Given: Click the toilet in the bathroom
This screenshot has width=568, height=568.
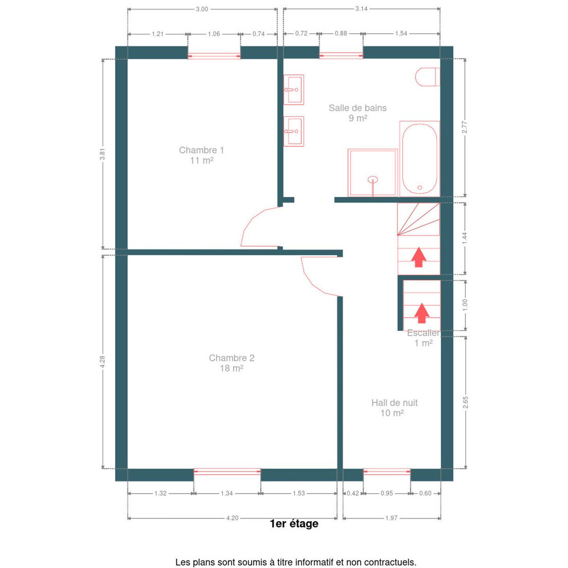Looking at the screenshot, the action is pyautogui.click(x=427, y=77).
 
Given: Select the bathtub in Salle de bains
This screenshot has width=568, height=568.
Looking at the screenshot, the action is pyautogui.click(x=419, y=159).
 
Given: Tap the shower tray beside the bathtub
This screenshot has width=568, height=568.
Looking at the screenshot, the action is pyautogui.click(x=373, y=173).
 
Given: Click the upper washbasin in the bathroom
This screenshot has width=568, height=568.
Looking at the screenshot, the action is pyautogui.click(x=293, y=89).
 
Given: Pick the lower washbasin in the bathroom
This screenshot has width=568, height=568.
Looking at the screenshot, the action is pyautogui.click(x=293, y=131).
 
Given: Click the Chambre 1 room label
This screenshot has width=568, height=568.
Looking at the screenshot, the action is pyautogui.click(x=202, y=155).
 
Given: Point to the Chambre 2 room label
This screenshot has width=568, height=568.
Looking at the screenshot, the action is pyautogui.click(x=231, y=363).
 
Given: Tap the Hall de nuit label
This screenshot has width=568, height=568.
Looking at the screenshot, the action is pyautogui.click(x=394, y=408).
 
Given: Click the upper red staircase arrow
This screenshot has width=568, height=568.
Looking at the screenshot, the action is pyautogui.click(x=418, y=257).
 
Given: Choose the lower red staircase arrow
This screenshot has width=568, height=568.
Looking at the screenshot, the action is pyautogui.click(x=422, y=313).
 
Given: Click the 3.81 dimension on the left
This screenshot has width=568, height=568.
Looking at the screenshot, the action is pyautogui.click(x=102, y=154).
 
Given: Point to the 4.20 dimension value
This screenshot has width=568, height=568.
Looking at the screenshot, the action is pyautogui.click(x=232, y=518).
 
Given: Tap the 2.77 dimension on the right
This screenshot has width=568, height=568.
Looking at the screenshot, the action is pyautogui.click(x=465, y=127).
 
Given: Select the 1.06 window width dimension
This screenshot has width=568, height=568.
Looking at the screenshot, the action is pyautogui.click(x=214, y=34).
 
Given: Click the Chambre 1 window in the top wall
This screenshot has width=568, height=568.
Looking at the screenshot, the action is pyautogui.click(x=214, y=56).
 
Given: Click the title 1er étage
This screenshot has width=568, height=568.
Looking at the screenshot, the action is pyautogui.click(x=294, y=524).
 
